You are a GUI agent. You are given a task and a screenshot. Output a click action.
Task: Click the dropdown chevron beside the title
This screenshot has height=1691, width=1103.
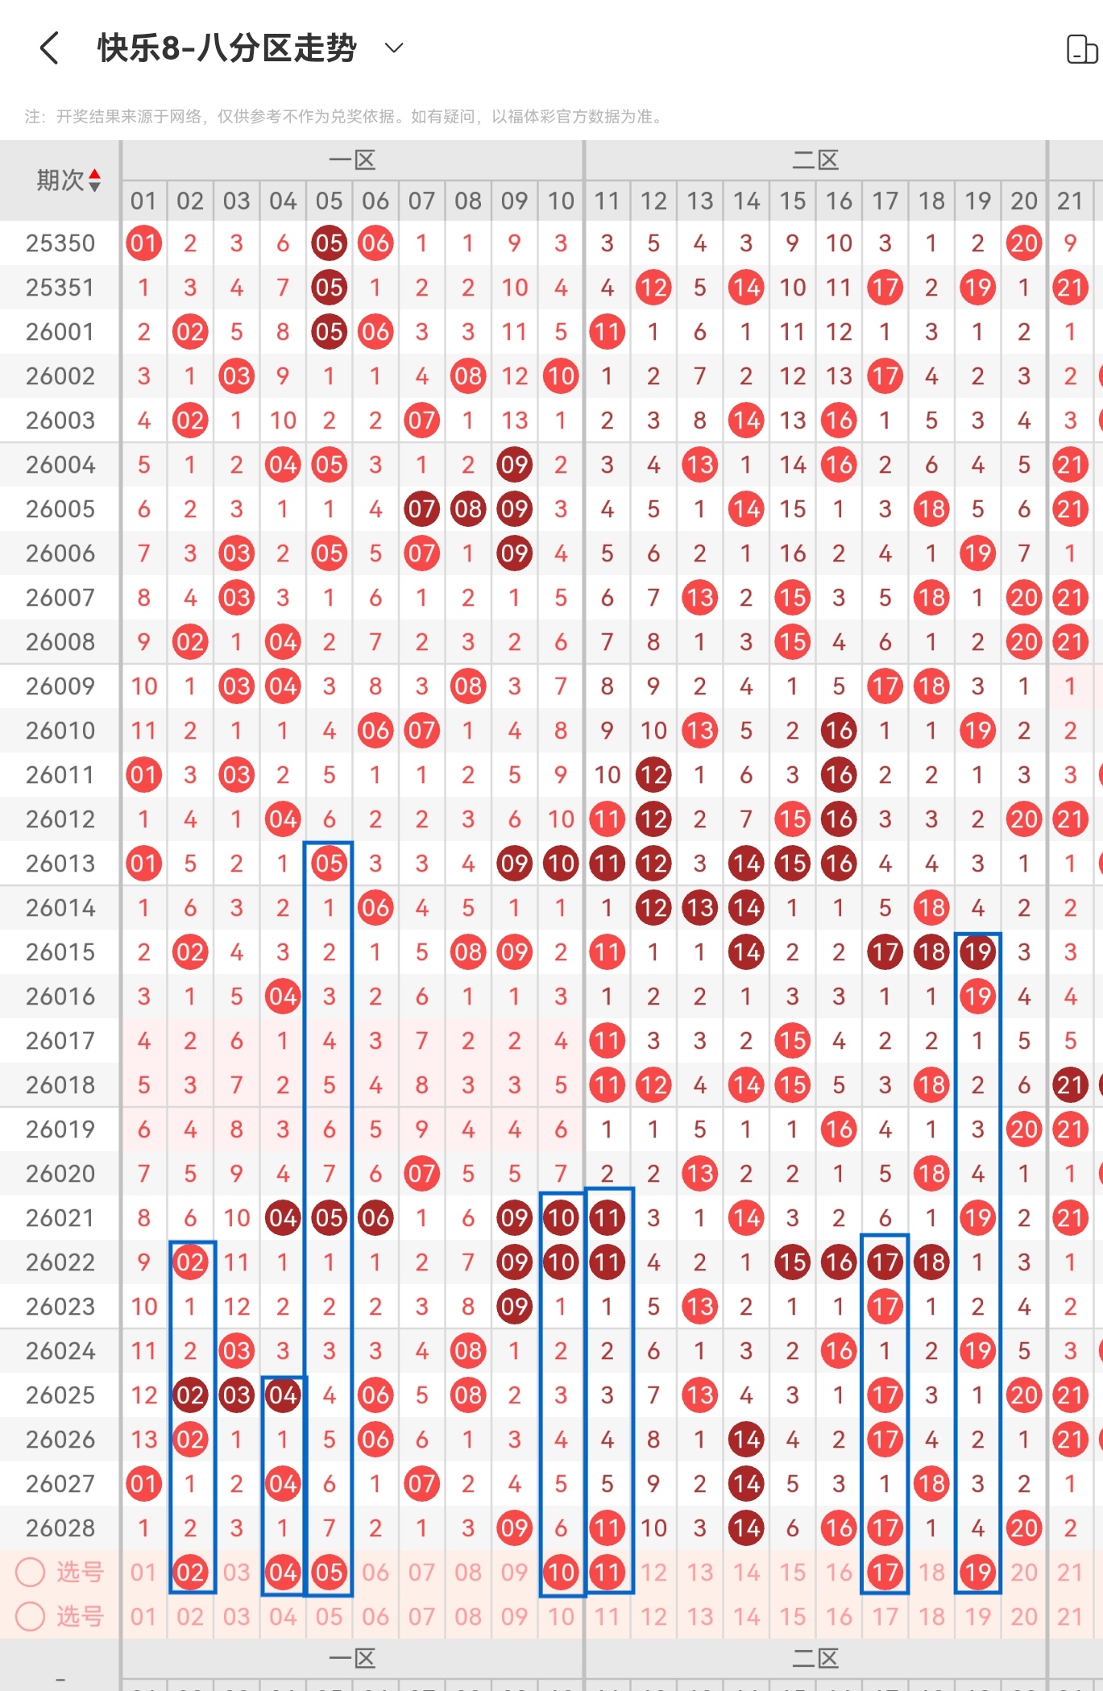(x=394, y=48)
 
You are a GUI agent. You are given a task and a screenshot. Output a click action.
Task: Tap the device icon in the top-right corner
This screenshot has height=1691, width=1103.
(x=1082, y=49)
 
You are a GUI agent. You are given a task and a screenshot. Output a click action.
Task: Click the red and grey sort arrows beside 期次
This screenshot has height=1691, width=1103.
(x=95, y=180)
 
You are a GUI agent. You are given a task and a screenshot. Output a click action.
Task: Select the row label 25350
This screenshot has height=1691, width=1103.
(x=60, y=243)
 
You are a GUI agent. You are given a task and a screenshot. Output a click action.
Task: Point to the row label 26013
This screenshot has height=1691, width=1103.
(x=60, y=864)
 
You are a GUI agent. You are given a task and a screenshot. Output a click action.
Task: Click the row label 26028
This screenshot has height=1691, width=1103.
(x=60, y=1528)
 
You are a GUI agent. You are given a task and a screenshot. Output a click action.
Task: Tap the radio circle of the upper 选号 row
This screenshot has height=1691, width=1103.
(x=31, y=1572)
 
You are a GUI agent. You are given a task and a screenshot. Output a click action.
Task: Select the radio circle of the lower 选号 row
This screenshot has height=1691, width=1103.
(x=31, y=1616)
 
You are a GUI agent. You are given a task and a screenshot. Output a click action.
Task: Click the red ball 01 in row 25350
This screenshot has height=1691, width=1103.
(x=144, y=243)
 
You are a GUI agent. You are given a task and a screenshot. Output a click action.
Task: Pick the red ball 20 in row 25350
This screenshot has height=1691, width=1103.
(x=1024, y=243)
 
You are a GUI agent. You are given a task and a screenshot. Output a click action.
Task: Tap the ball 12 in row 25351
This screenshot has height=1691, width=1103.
(x=653, y=288)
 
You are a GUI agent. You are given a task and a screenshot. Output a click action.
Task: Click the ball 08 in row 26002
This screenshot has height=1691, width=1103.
(x=468, y=376)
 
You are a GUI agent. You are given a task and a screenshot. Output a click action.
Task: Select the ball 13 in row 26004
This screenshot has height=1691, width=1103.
(x=700, y=465)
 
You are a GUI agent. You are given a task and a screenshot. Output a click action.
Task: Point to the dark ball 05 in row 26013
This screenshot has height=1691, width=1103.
(x=330, y=864)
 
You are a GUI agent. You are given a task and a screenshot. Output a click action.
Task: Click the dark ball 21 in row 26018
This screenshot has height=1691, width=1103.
(x=1070, y=1085)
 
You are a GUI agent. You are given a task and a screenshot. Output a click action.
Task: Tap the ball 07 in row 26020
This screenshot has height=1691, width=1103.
(x=422, y=1174)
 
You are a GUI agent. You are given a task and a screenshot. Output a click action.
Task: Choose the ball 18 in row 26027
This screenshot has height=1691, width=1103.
(x=931, y=1484)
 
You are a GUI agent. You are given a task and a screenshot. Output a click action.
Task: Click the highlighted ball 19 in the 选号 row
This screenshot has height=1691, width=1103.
(x=978, y=1572)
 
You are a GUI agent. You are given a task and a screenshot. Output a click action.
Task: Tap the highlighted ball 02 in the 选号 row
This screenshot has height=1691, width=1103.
(x=191, y=1572)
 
